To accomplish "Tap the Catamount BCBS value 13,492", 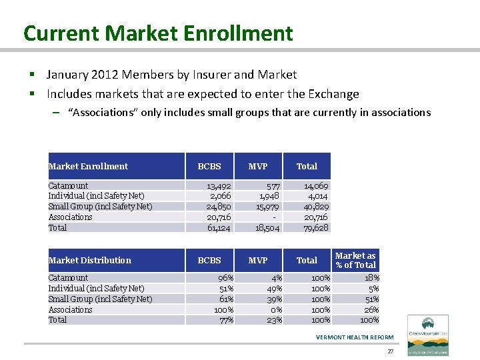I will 219,185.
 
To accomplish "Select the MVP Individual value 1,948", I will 269,196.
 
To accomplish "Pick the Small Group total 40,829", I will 315,207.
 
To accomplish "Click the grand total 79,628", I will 315,228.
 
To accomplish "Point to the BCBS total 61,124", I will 219,228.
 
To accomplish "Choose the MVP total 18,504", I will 269,228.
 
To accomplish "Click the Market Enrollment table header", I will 88,166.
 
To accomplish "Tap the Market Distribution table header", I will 90,260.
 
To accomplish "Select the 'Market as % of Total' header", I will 355,260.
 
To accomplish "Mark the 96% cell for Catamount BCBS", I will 225,277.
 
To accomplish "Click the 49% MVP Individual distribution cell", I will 274,288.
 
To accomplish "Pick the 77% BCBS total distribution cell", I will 225,320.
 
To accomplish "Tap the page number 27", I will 390,351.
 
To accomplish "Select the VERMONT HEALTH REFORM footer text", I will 355,337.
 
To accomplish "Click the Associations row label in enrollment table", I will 70,217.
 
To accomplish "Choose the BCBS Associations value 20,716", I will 219,217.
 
